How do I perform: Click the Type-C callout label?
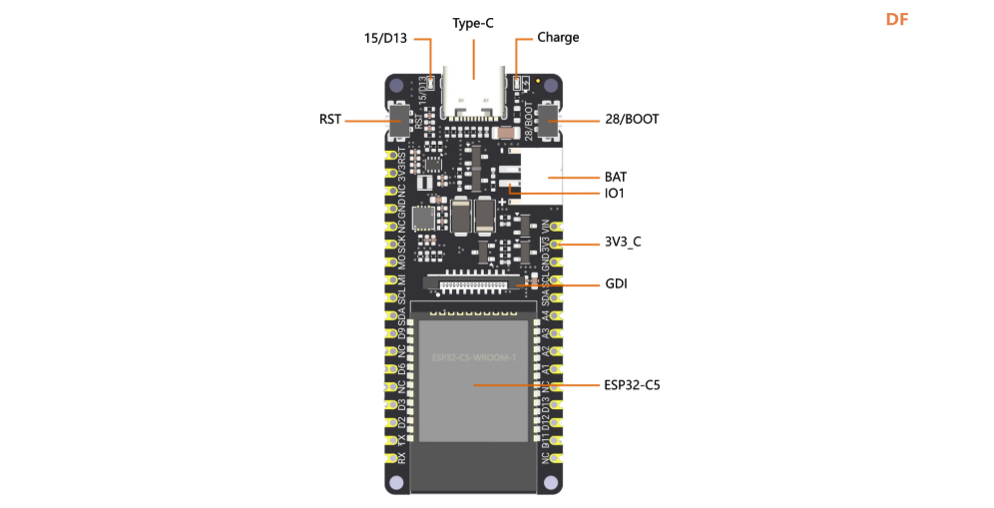[473, 23]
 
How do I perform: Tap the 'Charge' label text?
[558, 38]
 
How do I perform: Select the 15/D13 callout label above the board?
[385, 38]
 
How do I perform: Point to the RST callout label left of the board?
[330, 120]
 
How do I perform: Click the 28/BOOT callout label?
[632, 120]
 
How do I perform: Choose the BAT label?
[616, 177]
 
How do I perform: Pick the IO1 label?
[614, 194]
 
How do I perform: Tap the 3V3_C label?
[623, 243]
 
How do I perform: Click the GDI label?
[616, 284]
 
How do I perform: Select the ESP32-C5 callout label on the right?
[632, 384]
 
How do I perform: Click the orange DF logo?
[897, 19]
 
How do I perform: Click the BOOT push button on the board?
[549, 120]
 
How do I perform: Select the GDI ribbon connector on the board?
[473, 284]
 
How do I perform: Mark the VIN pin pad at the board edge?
[557, 227]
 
